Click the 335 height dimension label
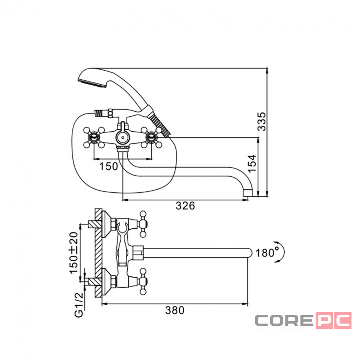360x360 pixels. [262, 121]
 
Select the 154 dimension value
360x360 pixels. [252, 163]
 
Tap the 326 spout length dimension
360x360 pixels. [185, 206]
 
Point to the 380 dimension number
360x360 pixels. [175, 310]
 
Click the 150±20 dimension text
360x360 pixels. [74, 253]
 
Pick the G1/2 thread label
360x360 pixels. [79, 305]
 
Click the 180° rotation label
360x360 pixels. [267, 252]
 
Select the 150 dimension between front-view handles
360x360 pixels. [108, 166]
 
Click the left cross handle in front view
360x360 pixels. [94, 138]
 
